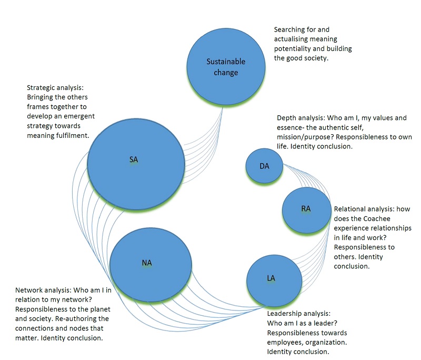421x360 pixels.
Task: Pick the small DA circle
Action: (x=265, y=166)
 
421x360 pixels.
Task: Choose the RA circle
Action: (x=305, y=209)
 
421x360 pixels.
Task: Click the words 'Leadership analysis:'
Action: (x=298, y=314)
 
